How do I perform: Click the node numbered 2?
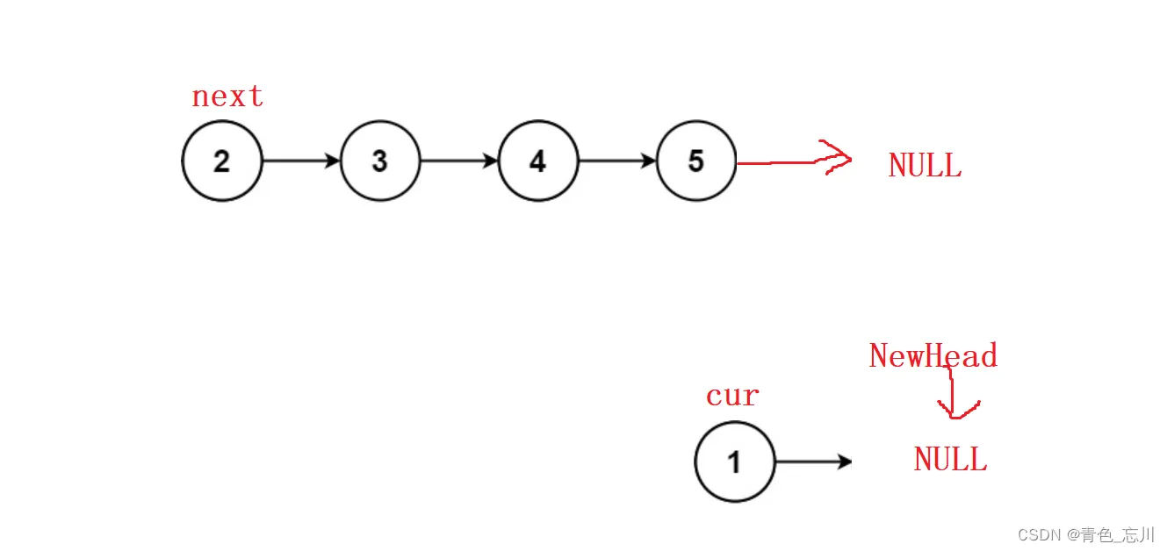(x=222, y=161)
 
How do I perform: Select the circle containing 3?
(x=380, y=161)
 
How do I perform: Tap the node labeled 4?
(x=538, y=161)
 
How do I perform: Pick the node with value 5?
(x=696, y=161)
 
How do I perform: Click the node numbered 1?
(x=735, y=462)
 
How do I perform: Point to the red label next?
(x=227, y=96)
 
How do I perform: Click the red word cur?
(x=732, y=396)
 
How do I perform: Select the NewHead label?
(x=933, y=355)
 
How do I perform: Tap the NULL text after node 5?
(x=925, y=165)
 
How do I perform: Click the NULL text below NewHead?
(x=950, y=459)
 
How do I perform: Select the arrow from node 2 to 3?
(x=300, y=161)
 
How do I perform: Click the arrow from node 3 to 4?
(x=458, y=161)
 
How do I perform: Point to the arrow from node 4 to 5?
(x=616, y=161)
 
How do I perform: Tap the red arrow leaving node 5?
(x=790, y=161)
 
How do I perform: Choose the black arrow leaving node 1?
(x=812, y=462)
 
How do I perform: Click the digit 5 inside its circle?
(x=696, y=161)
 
